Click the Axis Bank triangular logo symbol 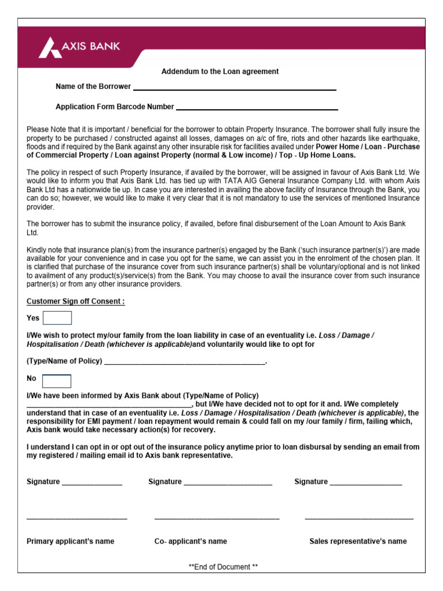(50, 47)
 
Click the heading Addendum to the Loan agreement (220, 72)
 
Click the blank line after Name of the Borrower (234, 89)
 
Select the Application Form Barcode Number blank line (257, 109)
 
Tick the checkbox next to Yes (58, 318)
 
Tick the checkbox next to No (57, 381)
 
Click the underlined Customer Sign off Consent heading (76, 301)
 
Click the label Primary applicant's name (70, 541)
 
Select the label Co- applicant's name (190, 541)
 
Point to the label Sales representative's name (358, 541)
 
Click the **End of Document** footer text (223, 567)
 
